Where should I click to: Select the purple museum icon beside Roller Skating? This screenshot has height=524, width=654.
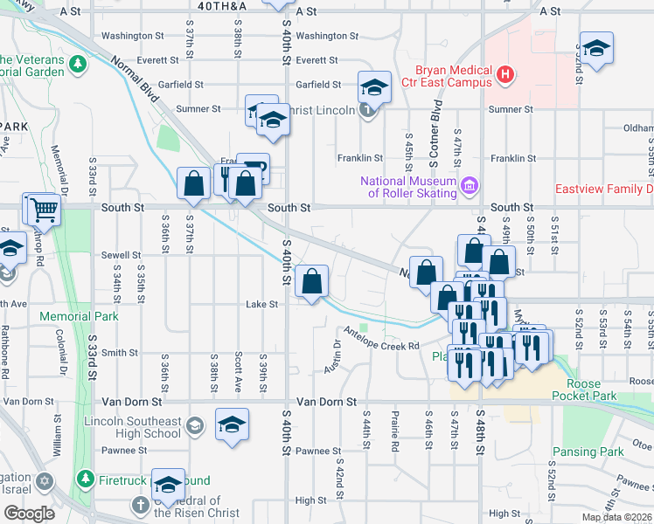pyautogui.click(x=470, y=185)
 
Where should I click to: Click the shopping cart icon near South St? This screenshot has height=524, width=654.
pyautogui.click(x=43, y=209)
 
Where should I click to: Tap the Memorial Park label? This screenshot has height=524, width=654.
pyautogui.click(x=78, y=315)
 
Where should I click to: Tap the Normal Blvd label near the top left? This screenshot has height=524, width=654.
pyautogui.click(x=136, y=78)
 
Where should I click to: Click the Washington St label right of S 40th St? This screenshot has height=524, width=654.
pyautogui.click(x=326, y=36)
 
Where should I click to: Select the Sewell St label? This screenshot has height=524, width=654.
pyautogui.click(x=121, y=255)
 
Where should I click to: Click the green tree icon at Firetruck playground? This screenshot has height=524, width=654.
pyautogui.click(x=85, y=479)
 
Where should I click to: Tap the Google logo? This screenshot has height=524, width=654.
pyautogui.click(x=29, y=514)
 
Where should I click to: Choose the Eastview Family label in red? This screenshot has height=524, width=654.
pyautogui.click(x=604, y=189)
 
